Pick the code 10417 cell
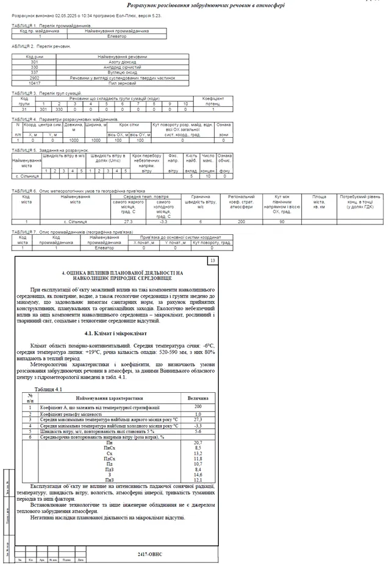pyautogui.click(x=34, y=83)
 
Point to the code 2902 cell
pyautogui.click(x=34, y=78)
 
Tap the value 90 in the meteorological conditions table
pyautogui.click(x=282, y=221)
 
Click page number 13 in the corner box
pyautogui.click(x=213, y=260)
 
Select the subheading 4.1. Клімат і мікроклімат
pyautogui.click(x=116, y=334)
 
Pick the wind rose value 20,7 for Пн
pyautogui.click(x=198, y=442)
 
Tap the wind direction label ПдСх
pyautogui.click(x=109, y=459)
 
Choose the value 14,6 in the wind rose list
pyautogui.click(x=198, y=475)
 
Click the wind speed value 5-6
pyautogui.click(x=198, y=431)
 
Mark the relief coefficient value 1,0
pyautogui.click(x=198, y=414)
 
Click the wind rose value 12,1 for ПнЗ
pyautogui.click(x=198, y=480)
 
